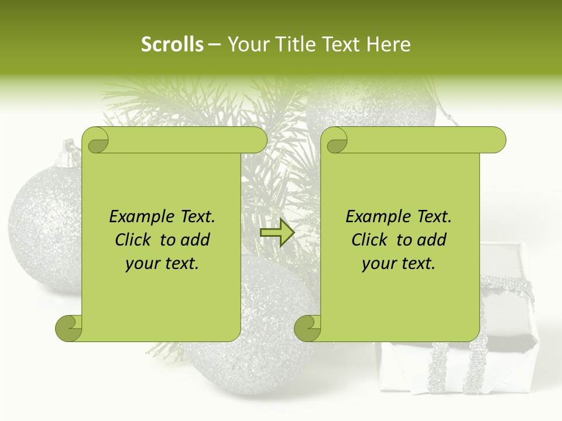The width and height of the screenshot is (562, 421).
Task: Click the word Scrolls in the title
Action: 172,44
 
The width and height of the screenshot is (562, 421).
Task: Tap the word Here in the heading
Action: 389,44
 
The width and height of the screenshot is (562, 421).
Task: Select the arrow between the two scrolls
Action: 277,233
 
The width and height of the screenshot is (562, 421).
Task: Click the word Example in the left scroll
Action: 140,217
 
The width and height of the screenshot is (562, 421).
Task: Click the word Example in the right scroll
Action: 377,217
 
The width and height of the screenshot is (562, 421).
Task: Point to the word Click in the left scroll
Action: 135,240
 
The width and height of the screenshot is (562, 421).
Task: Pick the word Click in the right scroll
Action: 372,240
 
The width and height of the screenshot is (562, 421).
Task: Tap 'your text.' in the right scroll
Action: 399,264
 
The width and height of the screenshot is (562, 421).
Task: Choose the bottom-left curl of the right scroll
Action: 308,328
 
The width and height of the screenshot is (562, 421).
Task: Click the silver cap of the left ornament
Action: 70,153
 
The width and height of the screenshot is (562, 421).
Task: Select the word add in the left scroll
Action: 196,240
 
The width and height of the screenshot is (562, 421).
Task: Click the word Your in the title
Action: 248,44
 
